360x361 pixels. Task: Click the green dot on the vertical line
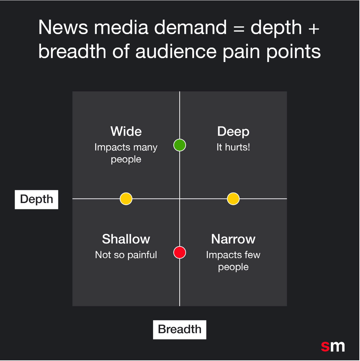click(180, 145)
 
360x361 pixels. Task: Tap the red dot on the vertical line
click(180, 252)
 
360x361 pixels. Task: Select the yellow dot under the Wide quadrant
click(126, 199)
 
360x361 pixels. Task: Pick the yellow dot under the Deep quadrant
click(233, 199)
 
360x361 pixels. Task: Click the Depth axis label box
click(36, 200)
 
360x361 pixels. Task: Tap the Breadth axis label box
click(180, 329)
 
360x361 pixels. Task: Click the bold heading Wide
click(126, 131)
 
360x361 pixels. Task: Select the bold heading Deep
click(233, 132)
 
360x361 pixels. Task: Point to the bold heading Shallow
click(126, 239)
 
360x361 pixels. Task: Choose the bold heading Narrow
click(233, 239)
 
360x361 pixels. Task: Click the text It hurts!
click(233, 147)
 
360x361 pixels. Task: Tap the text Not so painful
click(126, 255)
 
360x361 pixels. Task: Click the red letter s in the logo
click(325, 346)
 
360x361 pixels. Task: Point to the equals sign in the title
click(239, 29)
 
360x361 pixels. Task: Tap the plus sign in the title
click(314, 29)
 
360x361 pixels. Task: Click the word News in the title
click(63, 27)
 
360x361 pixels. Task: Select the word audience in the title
click(176, 51)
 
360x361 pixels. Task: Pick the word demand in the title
click(191, 27)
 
